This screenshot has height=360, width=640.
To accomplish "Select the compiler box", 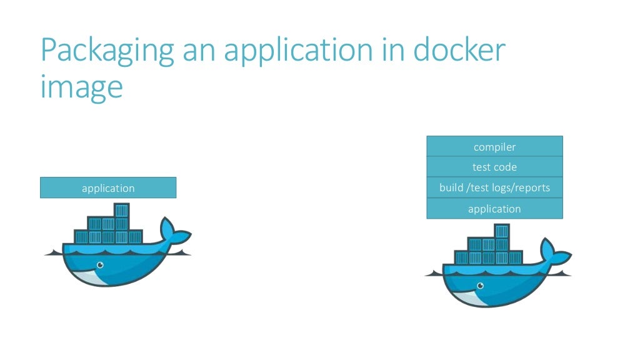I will pyautogui.click(x=494, y=147).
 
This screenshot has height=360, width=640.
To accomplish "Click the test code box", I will pyautogui.click(x=494, y=167).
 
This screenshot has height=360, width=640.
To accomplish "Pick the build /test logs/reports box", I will pyautogui.click(x=494, y=187).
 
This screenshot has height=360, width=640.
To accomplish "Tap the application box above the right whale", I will pyautogui.click(x=494, y=209).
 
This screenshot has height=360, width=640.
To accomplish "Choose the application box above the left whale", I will pyautogui.click(x=108, y=187).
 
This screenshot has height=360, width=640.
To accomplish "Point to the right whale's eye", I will pyautogui.click(x=479, y=286).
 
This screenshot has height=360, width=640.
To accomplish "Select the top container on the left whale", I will pyautogui.click(x=122, y=210).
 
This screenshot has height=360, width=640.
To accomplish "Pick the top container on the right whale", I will pyautogui.click(x=502, y=231).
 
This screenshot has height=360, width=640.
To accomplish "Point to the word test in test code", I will pyautogui.click(x=481, y=167).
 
